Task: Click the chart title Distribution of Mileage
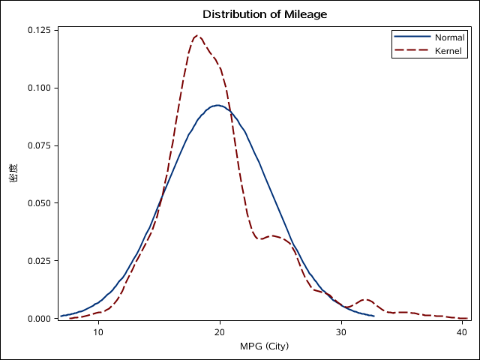[x=265, y=14]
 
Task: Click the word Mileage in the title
[x=306, y=14]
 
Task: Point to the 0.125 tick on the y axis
[x=39, y=30]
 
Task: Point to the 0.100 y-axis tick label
[x=39, y=88]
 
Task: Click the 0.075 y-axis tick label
[x=39, y=145]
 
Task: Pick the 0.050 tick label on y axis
[x=39, y=203]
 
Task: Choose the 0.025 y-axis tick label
[x=39, y=261]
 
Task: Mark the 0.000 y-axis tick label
[x=39, y=319]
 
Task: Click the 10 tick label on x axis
[x=98, y=332]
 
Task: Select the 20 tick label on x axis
[x=220, y=332]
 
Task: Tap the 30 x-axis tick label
[x=341, y=332]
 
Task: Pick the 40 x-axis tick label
[x=463, y=332]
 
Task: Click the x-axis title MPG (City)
[x=264, y=346]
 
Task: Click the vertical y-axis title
[x=13, y=174]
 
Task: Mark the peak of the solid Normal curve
[x=217, y=105]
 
